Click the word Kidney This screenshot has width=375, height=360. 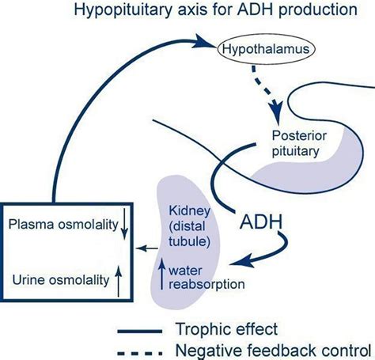(x=188, y=210)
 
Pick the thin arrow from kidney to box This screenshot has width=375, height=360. (x=146, y=248)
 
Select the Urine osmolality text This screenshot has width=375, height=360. (x=58, y=279)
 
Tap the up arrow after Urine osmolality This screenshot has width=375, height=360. (x=118, y=280)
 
